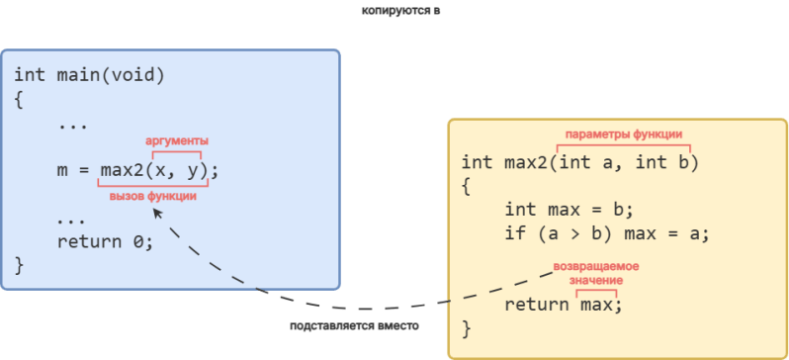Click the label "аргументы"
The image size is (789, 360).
pos(177,141)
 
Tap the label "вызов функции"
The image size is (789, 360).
pos(153,197)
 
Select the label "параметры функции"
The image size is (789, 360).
pos(624,135)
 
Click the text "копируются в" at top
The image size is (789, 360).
pos(401,11)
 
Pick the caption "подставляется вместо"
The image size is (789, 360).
pos(354,325)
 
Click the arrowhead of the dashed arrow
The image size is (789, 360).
pos(157,214)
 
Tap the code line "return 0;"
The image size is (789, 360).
pos(105,242)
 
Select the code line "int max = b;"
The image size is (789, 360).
pos(569,210)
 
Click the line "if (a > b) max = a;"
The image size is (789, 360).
pos(606,234)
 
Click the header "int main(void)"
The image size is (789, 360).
pos(90,75)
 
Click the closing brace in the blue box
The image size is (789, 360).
pos(19,266)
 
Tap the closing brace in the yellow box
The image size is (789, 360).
pos(467,328)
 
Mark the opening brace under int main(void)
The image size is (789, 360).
pos(19,100)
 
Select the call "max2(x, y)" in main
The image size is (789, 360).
pos(154,172)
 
